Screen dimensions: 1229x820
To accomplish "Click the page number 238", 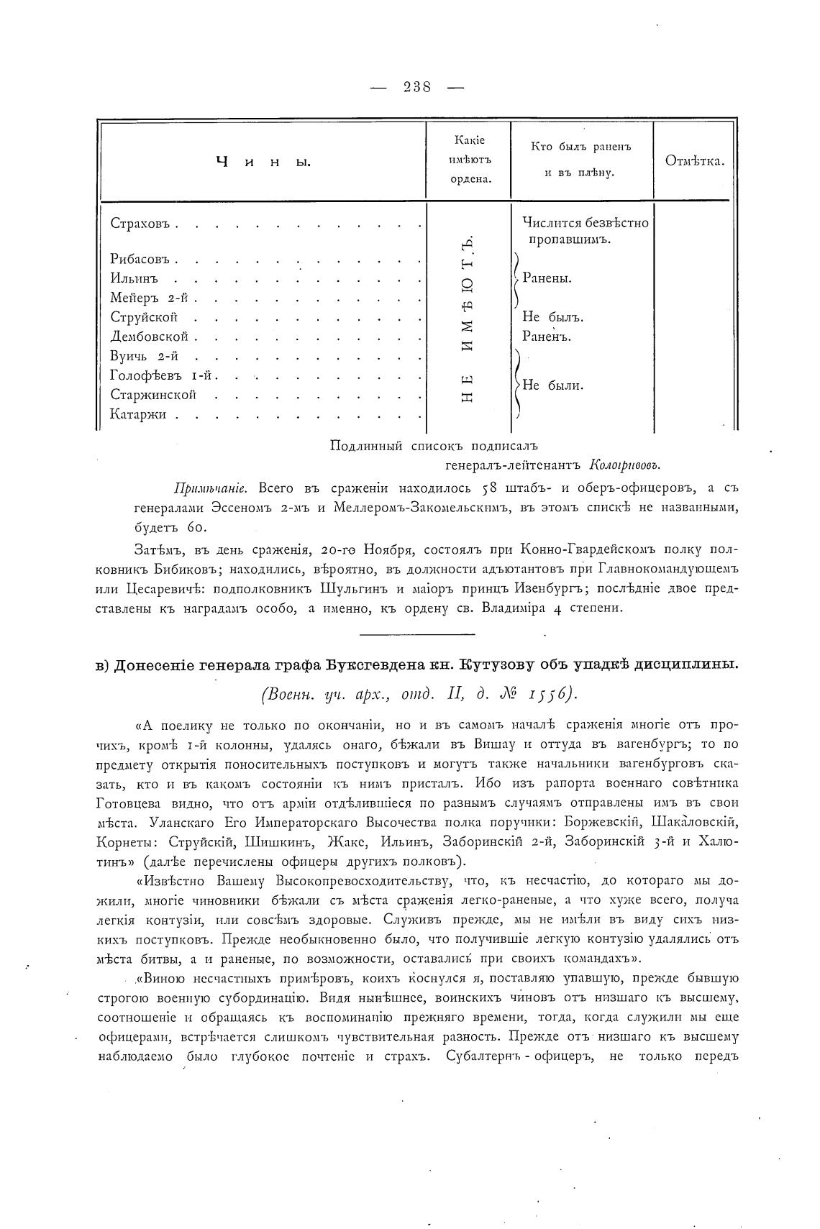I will pos(416,87).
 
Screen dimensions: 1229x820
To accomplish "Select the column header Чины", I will pos(263,162).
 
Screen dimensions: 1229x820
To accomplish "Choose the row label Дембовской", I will pos(149,336).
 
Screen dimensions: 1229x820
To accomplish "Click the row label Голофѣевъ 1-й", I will pos(164,375).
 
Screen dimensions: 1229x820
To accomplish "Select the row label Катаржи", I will pos(138,414).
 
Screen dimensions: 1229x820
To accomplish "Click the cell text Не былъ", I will pos(552,316).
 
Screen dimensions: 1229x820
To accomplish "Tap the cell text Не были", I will pos(552,385).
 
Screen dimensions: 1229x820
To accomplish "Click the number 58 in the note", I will pos(491,488).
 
